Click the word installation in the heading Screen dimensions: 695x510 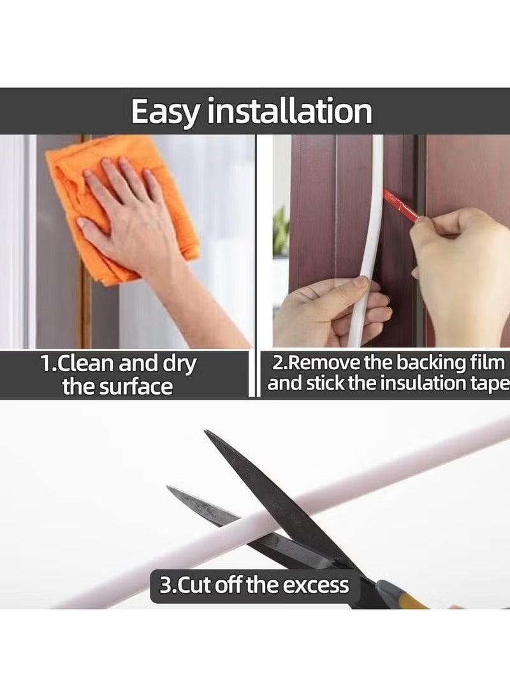point(291,112)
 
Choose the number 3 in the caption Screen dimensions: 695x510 point(164,585)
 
